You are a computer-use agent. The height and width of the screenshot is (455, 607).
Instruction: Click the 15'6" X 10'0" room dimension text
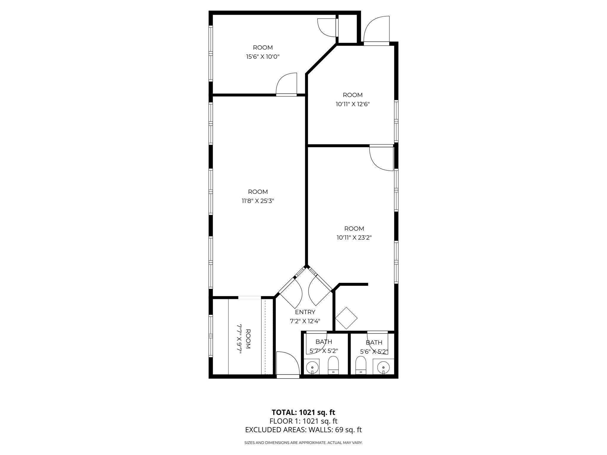[263, 57]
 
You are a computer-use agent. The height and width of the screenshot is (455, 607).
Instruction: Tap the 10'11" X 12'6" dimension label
[353, 104]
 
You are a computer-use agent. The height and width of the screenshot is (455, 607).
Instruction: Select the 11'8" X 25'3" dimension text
[258, 201]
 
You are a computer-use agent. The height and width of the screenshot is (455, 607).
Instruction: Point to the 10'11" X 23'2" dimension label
[354, 238]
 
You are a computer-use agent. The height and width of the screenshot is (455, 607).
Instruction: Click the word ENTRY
[305, 312]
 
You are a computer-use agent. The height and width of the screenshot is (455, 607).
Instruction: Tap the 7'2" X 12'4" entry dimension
[305, 321]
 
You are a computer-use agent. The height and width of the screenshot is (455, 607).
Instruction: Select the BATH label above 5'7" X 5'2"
[324, 342]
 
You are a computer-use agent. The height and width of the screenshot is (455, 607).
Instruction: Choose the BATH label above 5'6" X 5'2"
[374, 343]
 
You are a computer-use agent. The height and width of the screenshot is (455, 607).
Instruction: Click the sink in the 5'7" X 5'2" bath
[312, 367]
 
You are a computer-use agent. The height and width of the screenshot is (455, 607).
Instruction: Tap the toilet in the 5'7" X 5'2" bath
[333, 366]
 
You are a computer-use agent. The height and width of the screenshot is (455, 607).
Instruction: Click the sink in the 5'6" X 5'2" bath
[383, 367]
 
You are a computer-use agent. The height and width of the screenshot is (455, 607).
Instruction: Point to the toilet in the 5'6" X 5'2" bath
[360, 366]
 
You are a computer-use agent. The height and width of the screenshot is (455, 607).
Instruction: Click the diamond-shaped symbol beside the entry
[346, 318]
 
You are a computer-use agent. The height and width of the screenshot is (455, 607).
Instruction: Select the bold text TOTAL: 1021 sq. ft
[303, 412]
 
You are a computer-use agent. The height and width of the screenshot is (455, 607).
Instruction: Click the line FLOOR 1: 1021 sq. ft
[303, 421]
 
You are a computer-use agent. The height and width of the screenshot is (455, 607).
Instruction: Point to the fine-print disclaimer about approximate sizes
[303, 443]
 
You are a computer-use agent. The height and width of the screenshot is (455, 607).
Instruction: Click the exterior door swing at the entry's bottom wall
[288, 364]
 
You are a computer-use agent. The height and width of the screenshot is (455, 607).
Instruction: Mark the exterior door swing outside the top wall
[376, 29]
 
